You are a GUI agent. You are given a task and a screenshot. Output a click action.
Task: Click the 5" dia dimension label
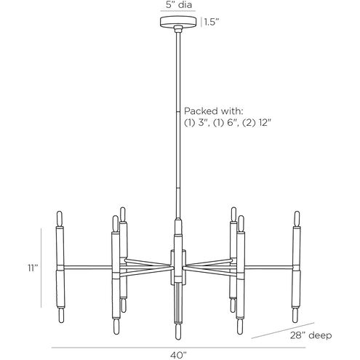tap(179, 5)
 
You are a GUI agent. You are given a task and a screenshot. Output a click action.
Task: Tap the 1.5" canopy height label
tap(212, 23)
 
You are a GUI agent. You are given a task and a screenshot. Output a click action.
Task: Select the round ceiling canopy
tap(178, 22)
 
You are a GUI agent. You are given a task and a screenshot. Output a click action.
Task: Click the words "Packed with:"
tap(213, 111)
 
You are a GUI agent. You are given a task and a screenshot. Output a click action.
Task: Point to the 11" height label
tap(33, 268)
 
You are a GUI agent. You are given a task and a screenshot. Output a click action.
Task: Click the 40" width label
tap(178, 356)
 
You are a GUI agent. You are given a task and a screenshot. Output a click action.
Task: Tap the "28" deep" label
tap(311, 335)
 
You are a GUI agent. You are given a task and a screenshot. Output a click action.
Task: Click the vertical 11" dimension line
tap(41, 268)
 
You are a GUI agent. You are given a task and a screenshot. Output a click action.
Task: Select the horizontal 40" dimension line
tap(178, 348)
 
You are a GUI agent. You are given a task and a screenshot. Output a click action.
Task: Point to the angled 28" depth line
tap(283, 330)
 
